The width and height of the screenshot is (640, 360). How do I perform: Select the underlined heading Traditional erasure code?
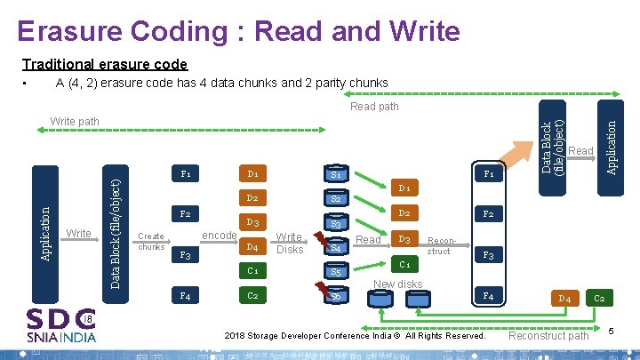[105, 64]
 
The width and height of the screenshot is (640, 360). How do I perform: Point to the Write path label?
[76, 121]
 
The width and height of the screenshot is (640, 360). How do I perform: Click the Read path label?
[374, 107]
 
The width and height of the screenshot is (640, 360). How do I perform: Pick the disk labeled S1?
[336, 175]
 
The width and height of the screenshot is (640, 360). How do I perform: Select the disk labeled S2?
[336, 200]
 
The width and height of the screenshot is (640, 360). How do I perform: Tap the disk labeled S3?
[336, 225]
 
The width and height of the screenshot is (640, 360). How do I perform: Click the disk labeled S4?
[336, 248]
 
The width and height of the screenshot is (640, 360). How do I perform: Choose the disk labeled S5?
[336, 271]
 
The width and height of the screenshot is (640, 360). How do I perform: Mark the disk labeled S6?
[336, 295]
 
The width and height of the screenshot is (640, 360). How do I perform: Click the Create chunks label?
[150, 241]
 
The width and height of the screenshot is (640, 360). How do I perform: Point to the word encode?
[220, 235]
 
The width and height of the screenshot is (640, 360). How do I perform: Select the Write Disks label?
[289, 243]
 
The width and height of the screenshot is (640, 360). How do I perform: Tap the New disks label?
[397, 284]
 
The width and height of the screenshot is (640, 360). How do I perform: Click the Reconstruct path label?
[548, 336]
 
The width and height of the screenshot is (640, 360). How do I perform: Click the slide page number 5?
[612, 332]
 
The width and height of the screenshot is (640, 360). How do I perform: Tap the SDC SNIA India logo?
[61, 324]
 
